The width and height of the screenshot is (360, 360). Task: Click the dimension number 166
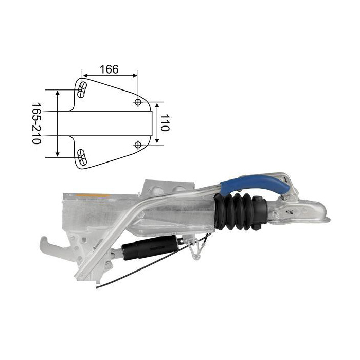coord(109,69)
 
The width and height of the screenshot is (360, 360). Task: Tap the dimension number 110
coord(165,122)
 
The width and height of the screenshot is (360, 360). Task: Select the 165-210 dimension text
coord(36,123)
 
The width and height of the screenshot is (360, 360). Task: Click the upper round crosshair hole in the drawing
coord(138,102)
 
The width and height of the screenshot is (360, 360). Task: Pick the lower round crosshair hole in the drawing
coord(138,145)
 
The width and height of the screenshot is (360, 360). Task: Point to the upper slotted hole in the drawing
coord(82,90)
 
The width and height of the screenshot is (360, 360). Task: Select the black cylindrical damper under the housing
coord(150,247)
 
